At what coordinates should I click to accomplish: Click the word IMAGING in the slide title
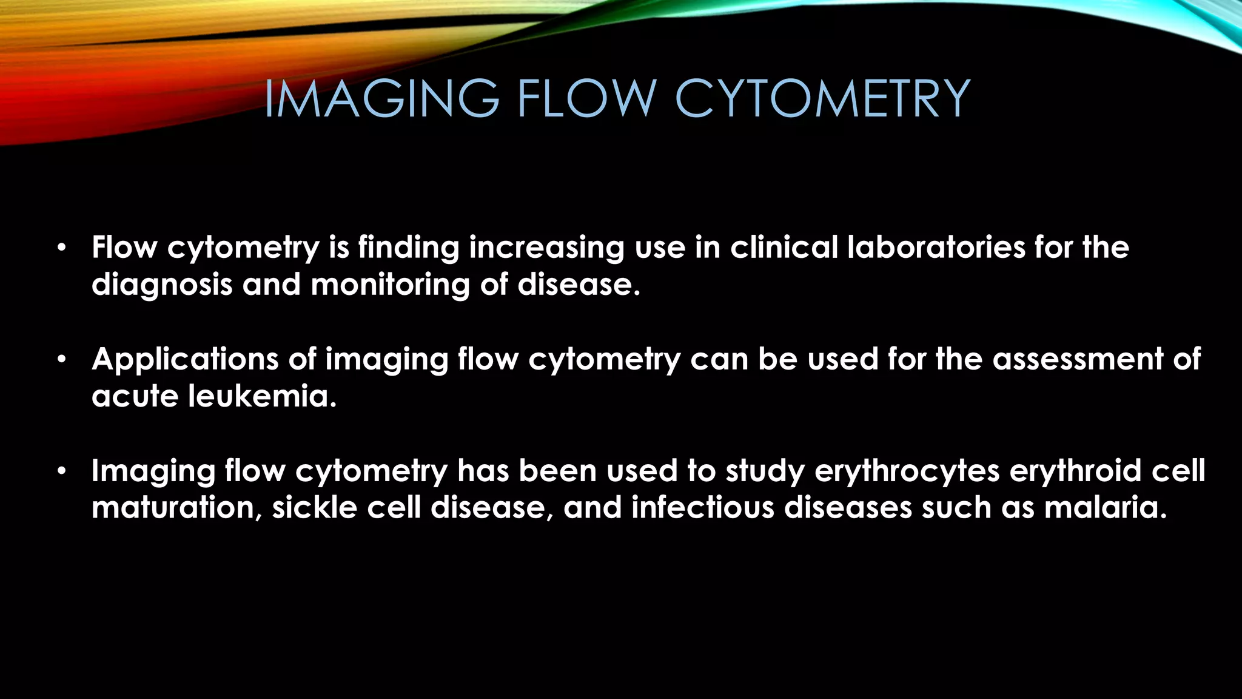click(381, 98)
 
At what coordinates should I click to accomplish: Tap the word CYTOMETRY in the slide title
click(822, 98)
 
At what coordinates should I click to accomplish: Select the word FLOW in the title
click(586, 98)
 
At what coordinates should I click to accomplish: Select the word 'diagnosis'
click(162, 285)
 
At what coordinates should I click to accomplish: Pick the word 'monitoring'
click(390, 285)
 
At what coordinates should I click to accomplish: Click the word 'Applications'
click(186, 359)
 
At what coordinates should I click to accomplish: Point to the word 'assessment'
click(1078, 359)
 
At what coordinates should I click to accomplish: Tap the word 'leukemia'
click(262, 397)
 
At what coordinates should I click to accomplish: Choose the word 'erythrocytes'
click(907, 472)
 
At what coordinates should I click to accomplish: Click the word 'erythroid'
click(1076, 471)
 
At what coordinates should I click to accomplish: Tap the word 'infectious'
click(703, 508)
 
